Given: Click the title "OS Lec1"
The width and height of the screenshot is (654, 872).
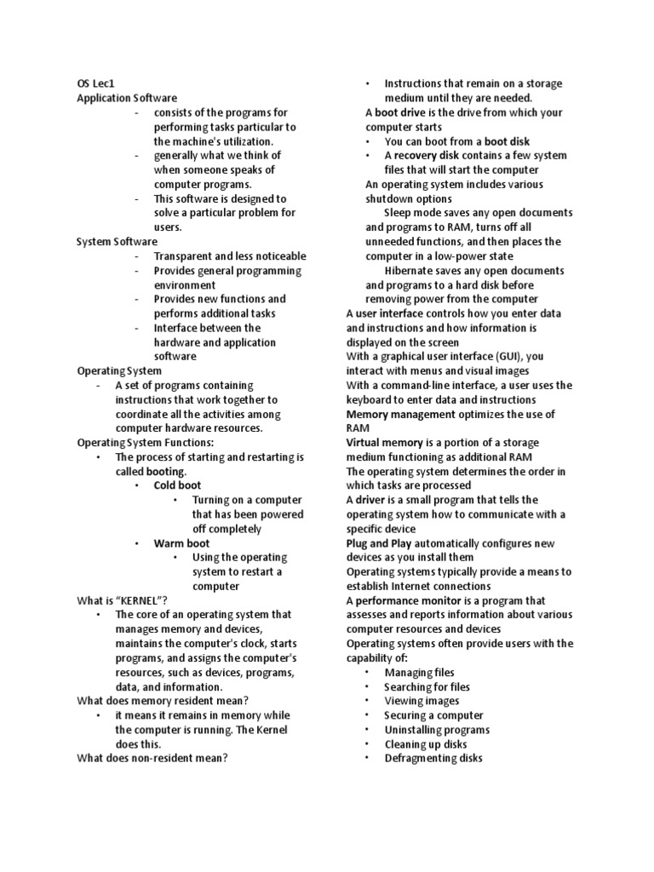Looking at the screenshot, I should [x=95, y=83].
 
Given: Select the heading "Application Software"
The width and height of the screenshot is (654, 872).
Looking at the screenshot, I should [x=127, y=98].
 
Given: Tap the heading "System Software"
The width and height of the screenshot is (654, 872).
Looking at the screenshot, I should [x=117, y=242].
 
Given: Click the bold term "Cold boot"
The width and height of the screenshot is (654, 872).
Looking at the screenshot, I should [x=177, y=485].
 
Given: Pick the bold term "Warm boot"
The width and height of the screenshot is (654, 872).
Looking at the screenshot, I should [x=181, y=543].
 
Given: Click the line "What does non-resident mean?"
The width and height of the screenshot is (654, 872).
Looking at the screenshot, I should [x=152, y=758].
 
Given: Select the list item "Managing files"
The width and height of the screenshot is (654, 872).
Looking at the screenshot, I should [x=420, y=673].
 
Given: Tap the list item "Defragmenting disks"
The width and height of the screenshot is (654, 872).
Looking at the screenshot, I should [x=433, y=758].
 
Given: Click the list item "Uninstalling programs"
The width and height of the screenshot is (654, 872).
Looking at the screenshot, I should [x=435, y=730].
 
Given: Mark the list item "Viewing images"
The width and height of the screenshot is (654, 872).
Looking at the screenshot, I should [x=422, y=701].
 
